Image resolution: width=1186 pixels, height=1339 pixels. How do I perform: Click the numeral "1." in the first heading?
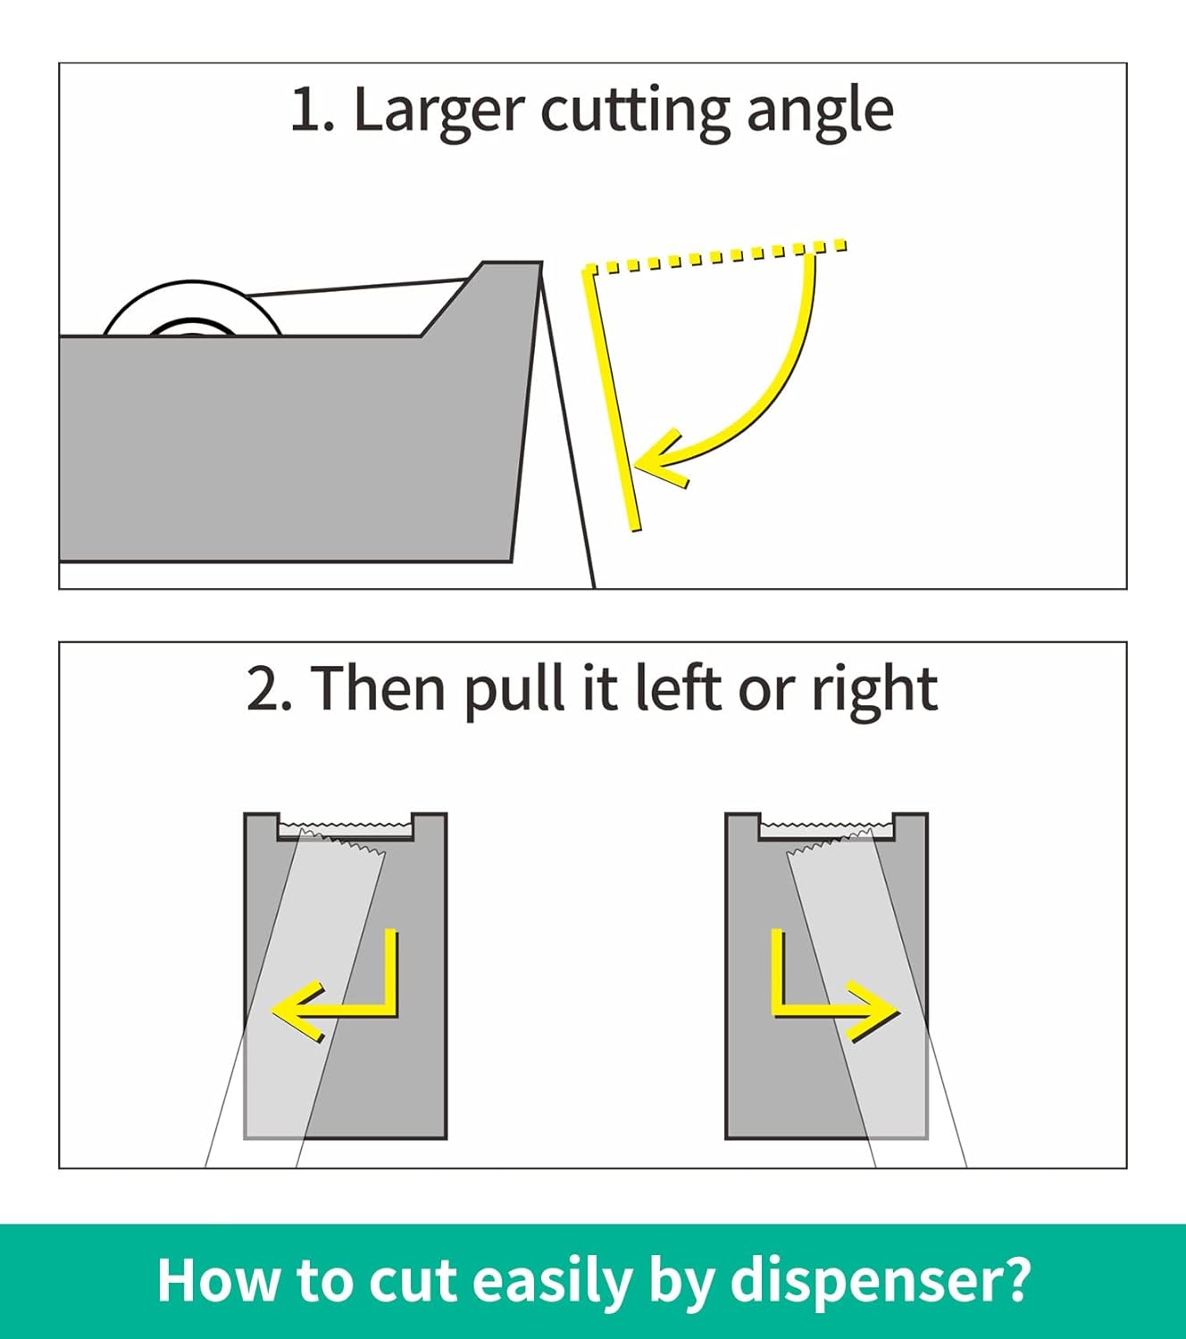(312, 110)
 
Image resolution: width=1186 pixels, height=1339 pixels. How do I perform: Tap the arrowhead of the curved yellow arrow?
(661, 459)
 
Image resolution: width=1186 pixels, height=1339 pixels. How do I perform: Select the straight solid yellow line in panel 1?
(612, 398)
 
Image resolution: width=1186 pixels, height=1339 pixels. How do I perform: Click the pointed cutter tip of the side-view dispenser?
(540, 263)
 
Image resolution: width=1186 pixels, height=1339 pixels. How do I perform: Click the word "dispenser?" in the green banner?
(880, 1281)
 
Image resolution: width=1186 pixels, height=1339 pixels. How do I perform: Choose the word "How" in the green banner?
(218, 1281)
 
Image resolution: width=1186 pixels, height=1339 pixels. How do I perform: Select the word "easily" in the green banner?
(552, 1282)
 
